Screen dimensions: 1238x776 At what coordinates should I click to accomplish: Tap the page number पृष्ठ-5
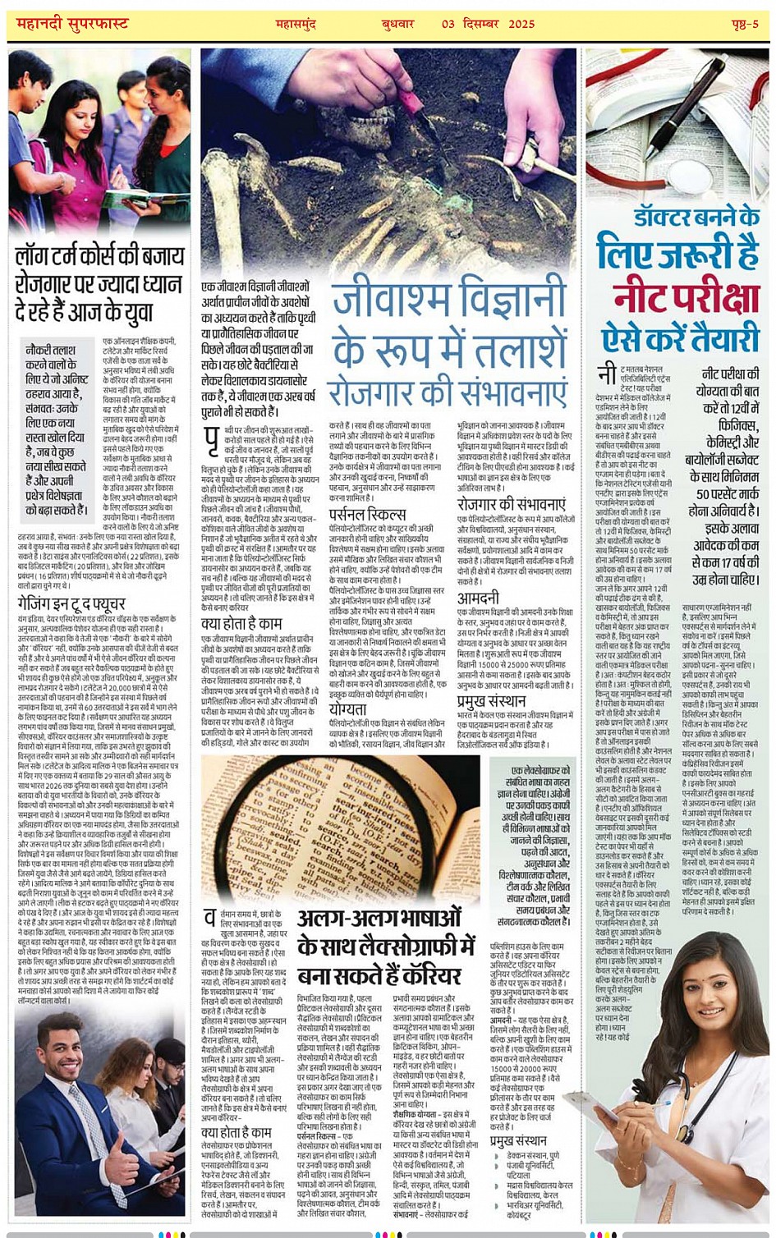click(744, 24)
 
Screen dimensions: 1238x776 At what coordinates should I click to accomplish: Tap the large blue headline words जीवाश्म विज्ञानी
click(448, 303)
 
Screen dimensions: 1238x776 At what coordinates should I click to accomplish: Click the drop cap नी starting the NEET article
click(607, 374)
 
